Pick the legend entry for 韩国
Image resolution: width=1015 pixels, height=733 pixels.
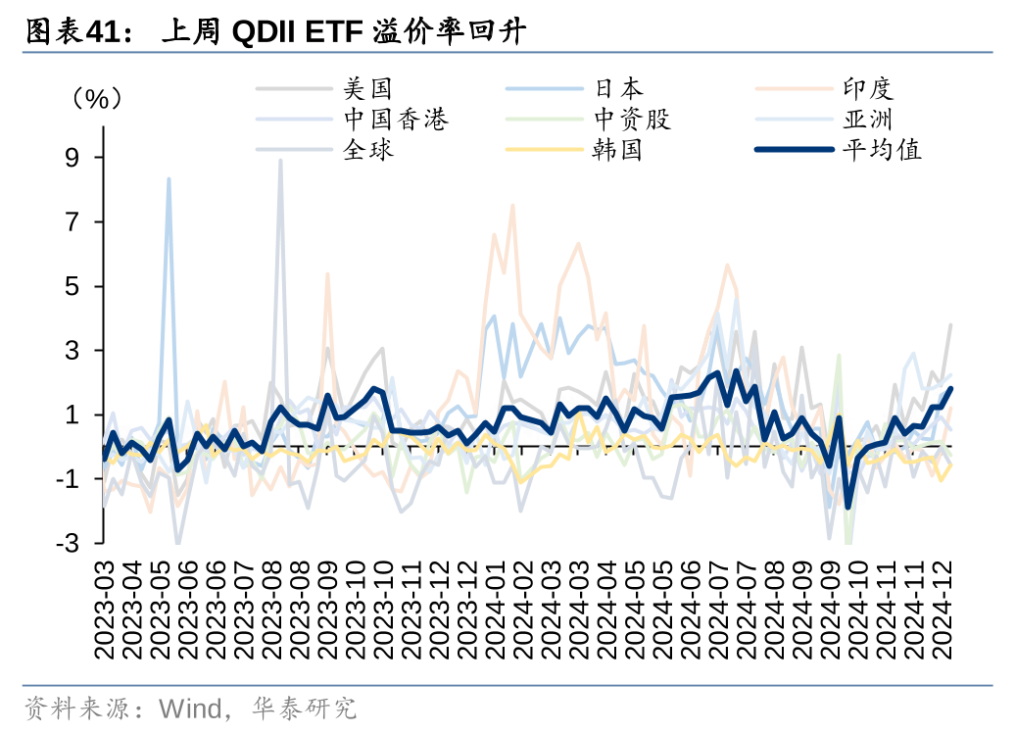618,150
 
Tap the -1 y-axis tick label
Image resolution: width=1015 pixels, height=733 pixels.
72,479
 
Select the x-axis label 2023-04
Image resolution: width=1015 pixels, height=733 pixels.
131,610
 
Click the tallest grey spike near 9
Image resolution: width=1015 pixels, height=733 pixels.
281,162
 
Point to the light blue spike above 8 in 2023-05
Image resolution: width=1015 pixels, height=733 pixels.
169,180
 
